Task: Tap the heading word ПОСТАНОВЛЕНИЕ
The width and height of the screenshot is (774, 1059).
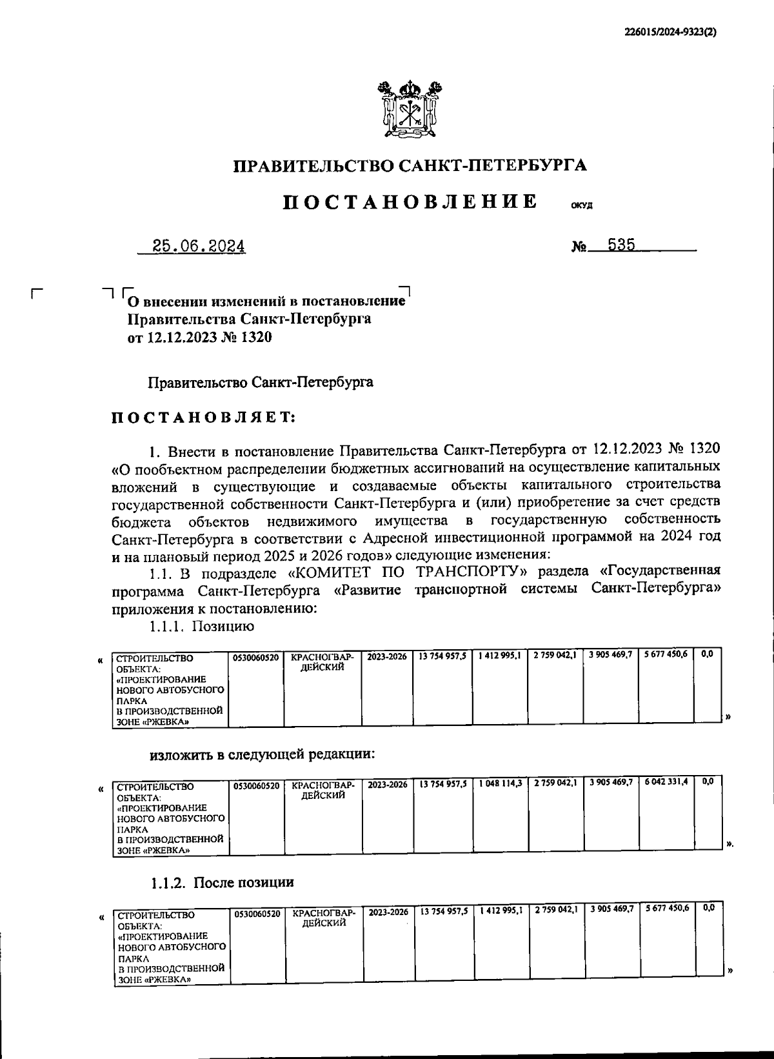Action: pyautogui.click(x=411, y=202)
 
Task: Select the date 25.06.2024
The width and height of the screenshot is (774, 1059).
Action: pyautogui.click(x=198, y=247)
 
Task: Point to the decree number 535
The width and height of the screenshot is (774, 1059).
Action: pyautogui.click(x=621, y=245)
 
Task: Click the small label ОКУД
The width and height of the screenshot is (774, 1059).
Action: pyautogui.click(x=581, y=207)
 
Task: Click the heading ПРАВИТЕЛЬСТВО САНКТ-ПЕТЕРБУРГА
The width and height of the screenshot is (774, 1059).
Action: pyautogui.click(x=410, y=166)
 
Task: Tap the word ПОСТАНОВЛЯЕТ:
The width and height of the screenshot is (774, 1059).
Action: pyautogui.click(x=204, y=418)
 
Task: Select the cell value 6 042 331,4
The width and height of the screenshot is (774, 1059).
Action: pyautogui.click(x=666, y=782)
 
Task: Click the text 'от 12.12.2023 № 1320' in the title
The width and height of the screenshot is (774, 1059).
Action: pyautogui.click(x=199, y=338)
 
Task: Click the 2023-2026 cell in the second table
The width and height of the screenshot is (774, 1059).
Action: pyautogui.click(x=387, y=785)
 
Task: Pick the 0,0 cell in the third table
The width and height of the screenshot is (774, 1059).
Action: pyautogui.click(x=708, y=908)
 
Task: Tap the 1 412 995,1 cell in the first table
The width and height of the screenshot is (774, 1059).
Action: pyautogui.click(x=500, y=654)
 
